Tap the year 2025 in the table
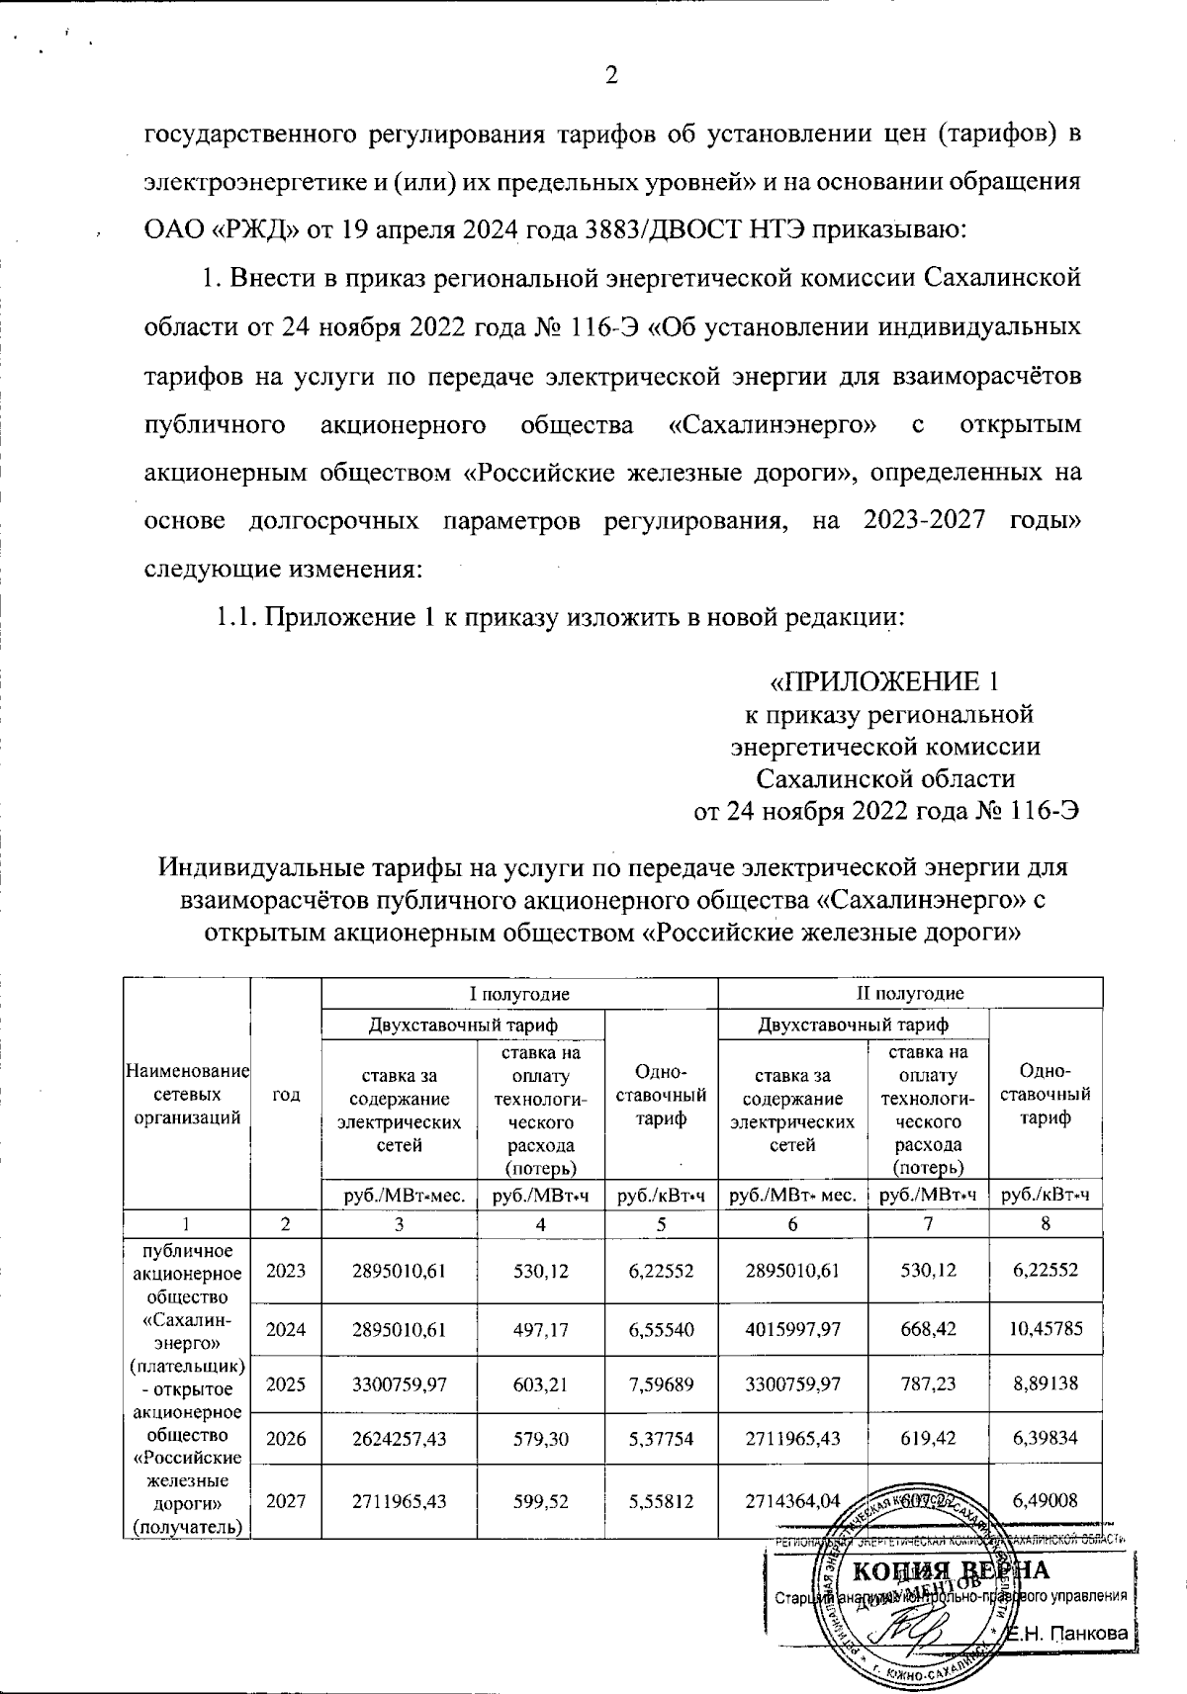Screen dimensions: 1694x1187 [x=286, y=1383]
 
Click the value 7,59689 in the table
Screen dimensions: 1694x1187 [x=660, y=1383]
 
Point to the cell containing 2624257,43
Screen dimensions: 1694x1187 [x=399, y=1438]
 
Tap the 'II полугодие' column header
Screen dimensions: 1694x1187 [x=909, y=993]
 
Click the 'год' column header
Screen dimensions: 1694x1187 [x=286, y=1093]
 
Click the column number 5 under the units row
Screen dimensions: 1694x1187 [x=660, y=1223]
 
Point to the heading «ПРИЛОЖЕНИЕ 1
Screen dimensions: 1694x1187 [x=886, y=682]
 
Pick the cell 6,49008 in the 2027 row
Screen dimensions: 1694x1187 [x=1047, y=1500]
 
